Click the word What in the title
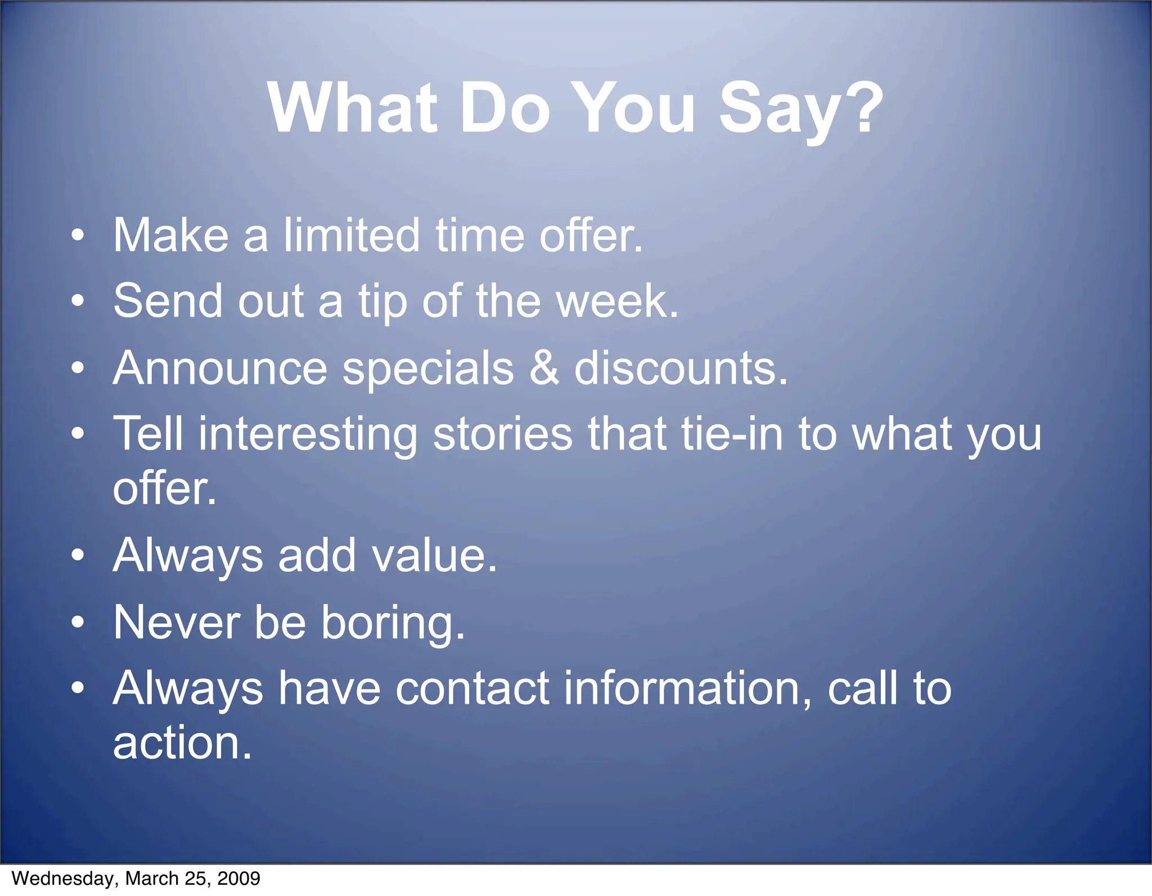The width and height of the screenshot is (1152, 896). click(353, 108)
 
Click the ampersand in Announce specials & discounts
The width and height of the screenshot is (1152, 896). click(544, 368)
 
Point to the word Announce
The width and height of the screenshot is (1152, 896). click(220, 368)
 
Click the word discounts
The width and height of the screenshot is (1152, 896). click(675, 368)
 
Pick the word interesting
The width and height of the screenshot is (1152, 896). click(308, 435)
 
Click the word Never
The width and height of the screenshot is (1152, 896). click(177, 622)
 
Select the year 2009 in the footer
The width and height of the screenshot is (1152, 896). click(238, 879)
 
